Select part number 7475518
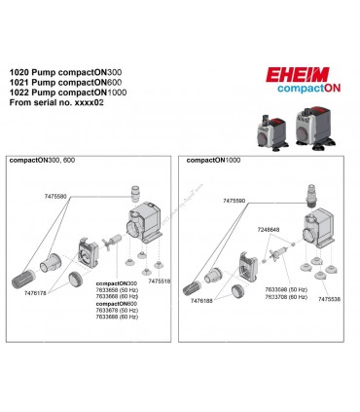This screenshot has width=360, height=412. (155, 281)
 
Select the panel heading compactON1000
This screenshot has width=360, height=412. (216, 158)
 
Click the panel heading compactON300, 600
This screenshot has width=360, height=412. (46, 158)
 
